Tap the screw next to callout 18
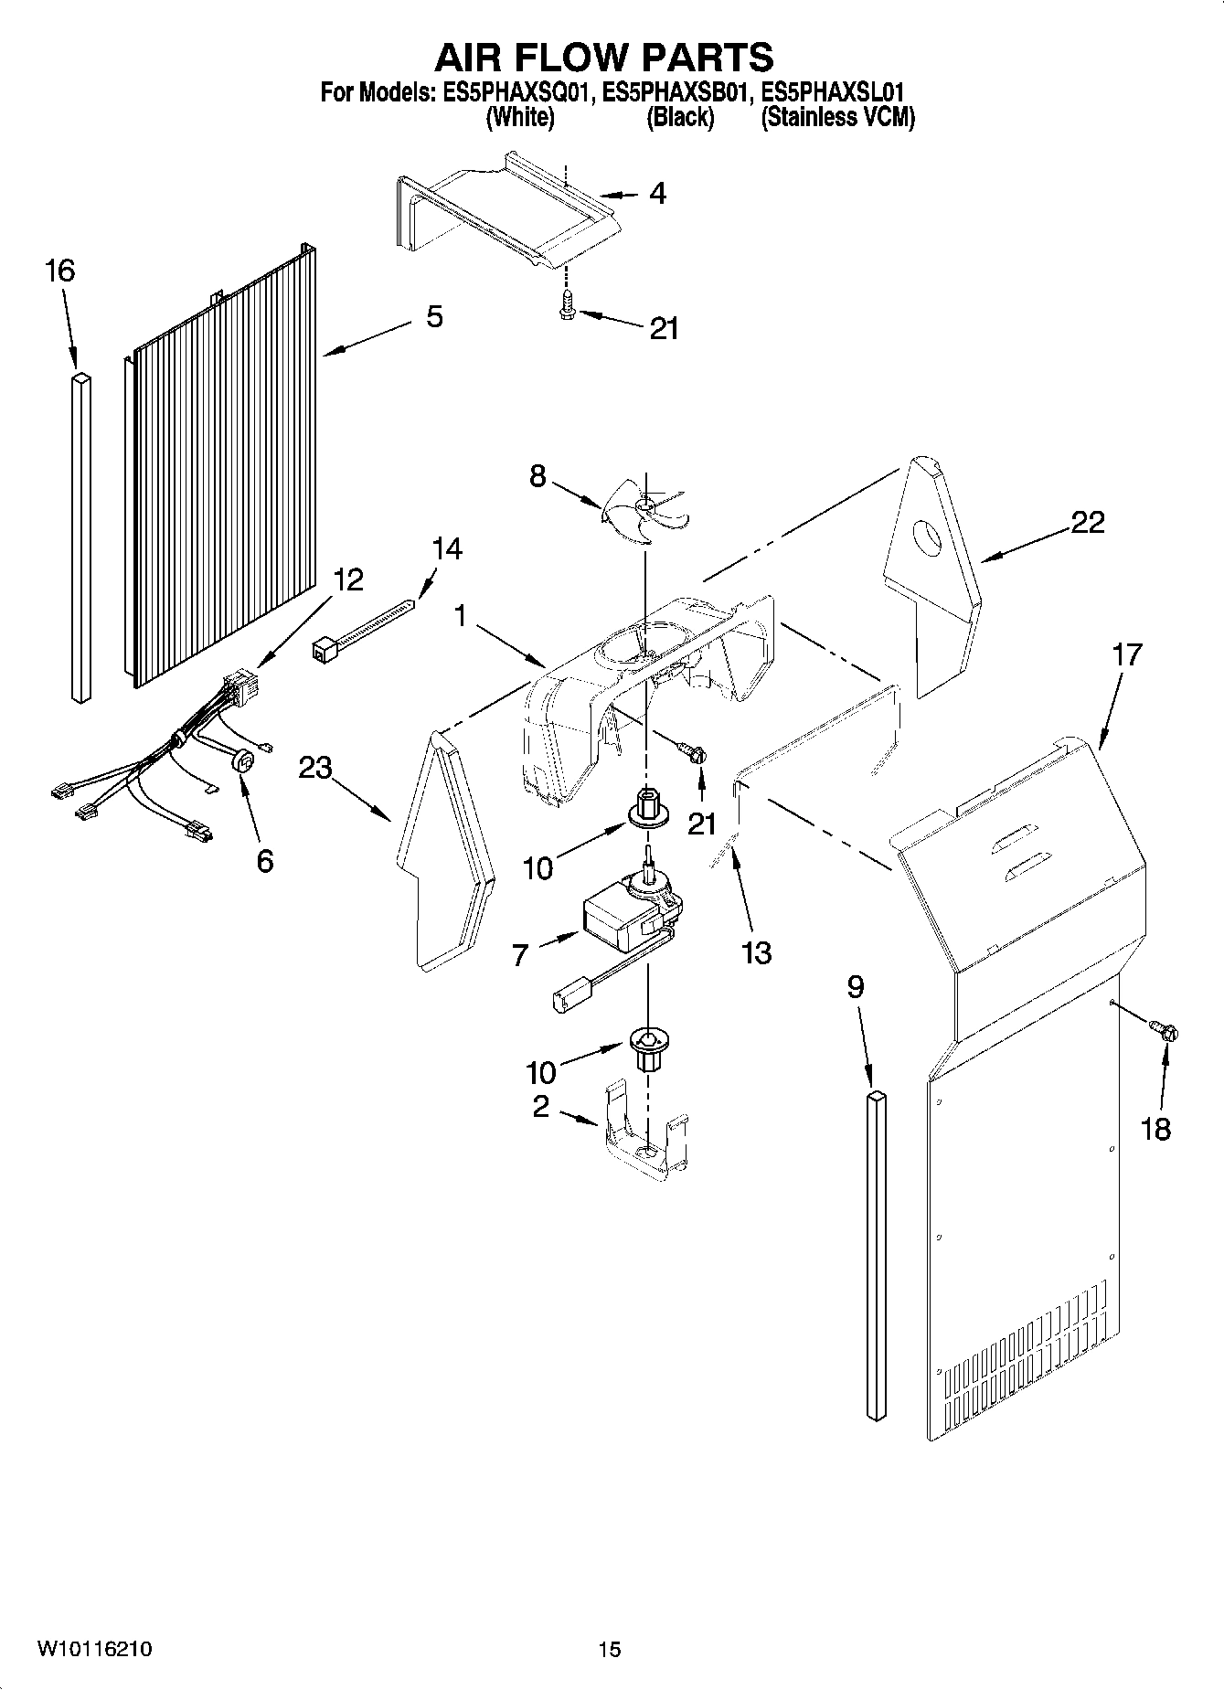point(1165,1031)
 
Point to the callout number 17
point(1126,655)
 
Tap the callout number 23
point(314,768)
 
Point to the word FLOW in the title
point(606,58)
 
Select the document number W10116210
point(94,1649)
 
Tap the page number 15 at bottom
point(609,1649)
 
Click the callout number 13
point(756,952)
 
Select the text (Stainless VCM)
point(837,117)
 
